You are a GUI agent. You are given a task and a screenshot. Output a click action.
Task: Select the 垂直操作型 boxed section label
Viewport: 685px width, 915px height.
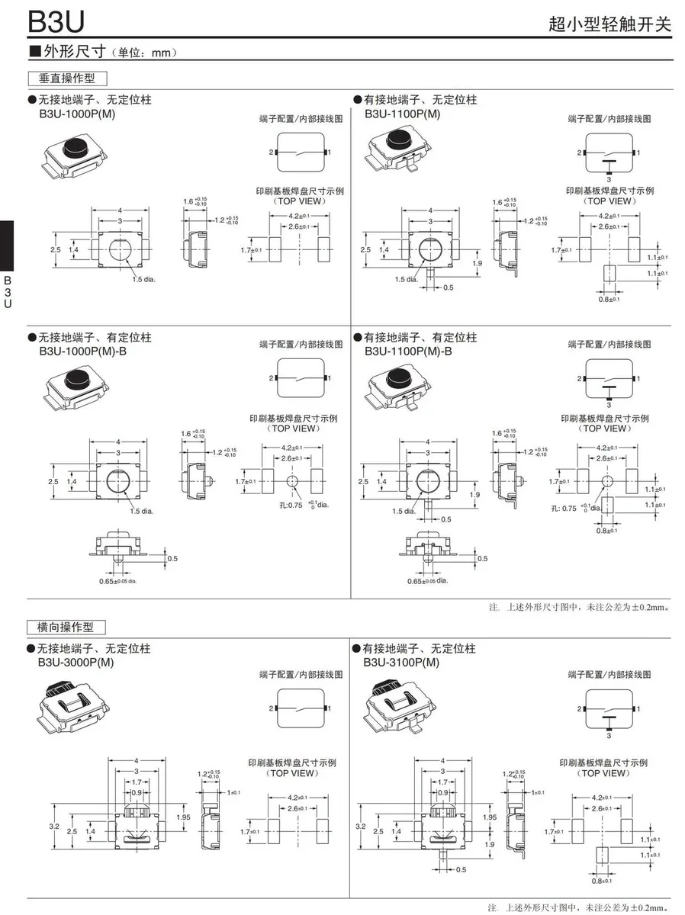pyautogui.click(x=66, y=79)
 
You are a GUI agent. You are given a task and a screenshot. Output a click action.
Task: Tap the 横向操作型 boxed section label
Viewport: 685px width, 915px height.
pyautogui.click(x=66, y=627)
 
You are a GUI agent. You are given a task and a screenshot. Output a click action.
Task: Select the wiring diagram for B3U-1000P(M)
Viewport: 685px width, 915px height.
pyautogui.click(x=301, y=152)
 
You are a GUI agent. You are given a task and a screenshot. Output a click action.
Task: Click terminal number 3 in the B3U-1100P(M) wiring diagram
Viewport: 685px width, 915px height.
pyautogui.click(x=609, y=179)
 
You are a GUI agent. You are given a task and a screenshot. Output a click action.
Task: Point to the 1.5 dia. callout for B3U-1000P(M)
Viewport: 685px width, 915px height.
pyautogui.click(x=143, y=280)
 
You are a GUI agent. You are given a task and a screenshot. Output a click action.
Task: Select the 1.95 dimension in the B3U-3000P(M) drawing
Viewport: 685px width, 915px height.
pyautogui.click(x=184, y=816)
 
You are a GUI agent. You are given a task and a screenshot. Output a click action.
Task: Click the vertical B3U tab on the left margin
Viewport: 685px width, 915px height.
pyautogui.click(x=8, y=290)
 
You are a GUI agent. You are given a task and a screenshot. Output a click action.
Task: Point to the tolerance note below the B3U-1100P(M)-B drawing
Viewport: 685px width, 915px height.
pyautogui.click(x=580, y=608)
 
